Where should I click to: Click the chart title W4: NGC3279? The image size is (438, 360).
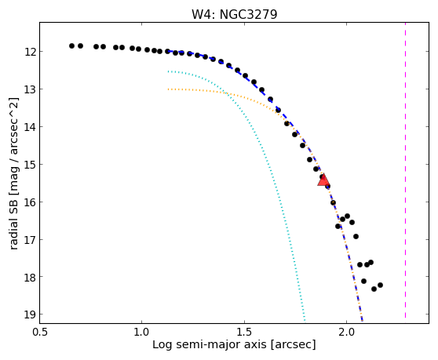(235, 15)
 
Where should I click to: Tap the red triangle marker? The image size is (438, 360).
(323, 180)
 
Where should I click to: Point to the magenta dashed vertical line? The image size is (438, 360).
(405, 170)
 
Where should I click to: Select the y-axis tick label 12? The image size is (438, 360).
(30, 52)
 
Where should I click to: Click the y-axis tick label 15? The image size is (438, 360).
(30, 165)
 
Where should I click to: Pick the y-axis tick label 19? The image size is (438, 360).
(30, 315)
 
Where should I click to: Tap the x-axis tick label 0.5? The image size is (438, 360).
(40, 332)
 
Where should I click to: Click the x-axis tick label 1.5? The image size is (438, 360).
(244, 332)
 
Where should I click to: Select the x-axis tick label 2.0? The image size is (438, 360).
(347, 332)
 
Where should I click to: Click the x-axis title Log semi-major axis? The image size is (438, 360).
(210, 344)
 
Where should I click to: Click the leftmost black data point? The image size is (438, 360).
(71, 45)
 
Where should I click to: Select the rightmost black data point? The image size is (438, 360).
(380, 285)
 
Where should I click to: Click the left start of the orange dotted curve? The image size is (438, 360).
(168, 89)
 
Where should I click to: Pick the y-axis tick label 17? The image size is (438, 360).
(30, 240)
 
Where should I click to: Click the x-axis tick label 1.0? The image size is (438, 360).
(142, 332)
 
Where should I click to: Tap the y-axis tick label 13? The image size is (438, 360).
(30, 89)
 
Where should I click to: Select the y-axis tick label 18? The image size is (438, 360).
(30, 278)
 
